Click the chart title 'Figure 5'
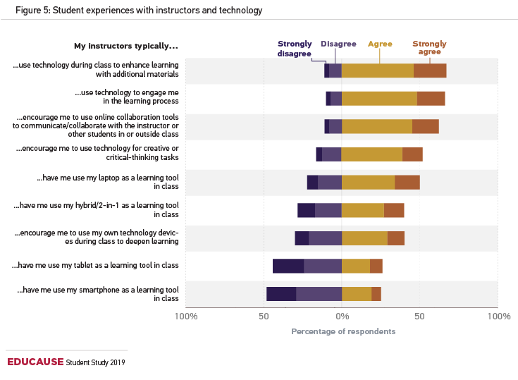point(134,11)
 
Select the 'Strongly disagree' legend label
point(294,48)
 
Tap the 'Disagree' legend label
point(338,44)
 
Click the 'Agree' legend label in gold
point(380,44)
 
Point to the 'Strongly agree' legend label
point(429,48)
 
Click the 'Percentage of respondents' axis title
point(343,331)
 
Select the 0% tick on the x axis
point(342,316)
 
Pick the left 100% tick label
point(186,316)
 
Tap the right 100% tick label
point(498,316)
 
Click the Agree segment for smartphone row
point(357,294)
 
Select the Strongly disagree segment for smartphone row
point(281,294)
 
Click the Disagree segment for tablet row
point(323,266)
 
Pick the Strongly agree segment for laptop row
point(407,182)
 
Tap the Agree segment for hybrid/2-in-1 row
point(363,210)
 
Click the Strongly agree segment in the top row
point(430,71)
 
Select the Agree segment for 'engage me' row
point(379,98)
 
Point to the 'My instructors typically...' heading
point(126,47)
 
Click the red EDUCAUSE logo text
point(35,362)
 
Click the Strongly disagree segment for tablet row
point(288,266)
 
